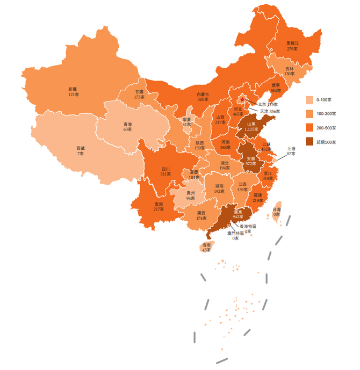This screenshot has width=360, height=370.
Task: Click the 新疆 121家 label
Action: [x=73, y=91]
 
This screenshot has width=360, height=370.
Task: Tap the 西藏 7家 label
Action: [x=80, y=150]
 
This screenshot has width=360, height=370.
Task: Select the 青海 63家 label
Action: [x=127, y=126]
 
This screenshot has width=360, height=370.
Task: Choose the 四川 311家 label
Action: [x=165, y=171]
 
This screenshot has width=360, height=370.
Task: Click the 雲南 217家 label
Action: [x=159, y=207]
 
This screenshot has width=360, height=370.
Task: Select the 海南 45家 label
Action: [x=206, y=247]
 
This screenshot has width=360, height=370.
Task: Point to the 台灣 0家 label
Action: [x=277, y=212]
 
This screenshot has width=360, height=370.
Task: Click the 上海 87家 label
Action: [x=291, y=151]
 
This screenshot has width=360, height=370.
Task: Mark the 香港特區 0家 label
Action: [x=248, y=229]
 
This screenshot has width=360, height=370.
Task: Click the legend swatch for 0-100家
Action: [x=310, y=100]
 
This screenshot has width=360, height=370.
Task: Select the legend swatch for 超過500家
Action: [x=310, y=142]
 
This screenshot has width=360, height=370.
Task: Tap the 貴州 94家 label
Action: [x=190, y=195]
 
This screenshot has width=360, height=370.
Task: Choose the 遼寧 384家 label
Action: [x=276, y=88]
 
